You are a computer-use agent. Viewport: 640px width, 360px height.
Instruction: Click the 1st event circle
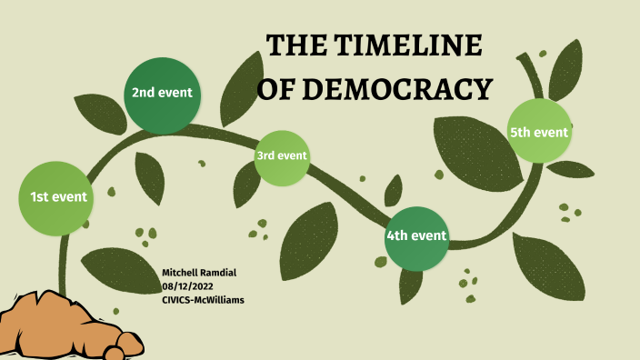58,196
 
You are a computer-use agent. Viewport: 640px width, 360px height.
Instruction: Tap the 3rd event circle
282,156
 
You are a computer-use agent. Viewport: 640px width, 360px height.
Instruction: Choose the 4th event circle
416,237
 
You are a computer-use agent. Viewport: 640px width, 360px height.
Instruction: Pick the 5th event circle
539,132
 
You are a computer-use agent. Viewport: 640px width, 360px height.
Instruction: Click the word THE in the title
298,48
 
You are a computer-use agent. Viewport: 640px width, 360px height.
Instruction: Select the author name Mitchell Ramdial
202,273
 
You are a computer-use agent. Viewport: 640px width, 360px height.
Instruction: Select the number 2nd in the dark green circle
144,93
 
